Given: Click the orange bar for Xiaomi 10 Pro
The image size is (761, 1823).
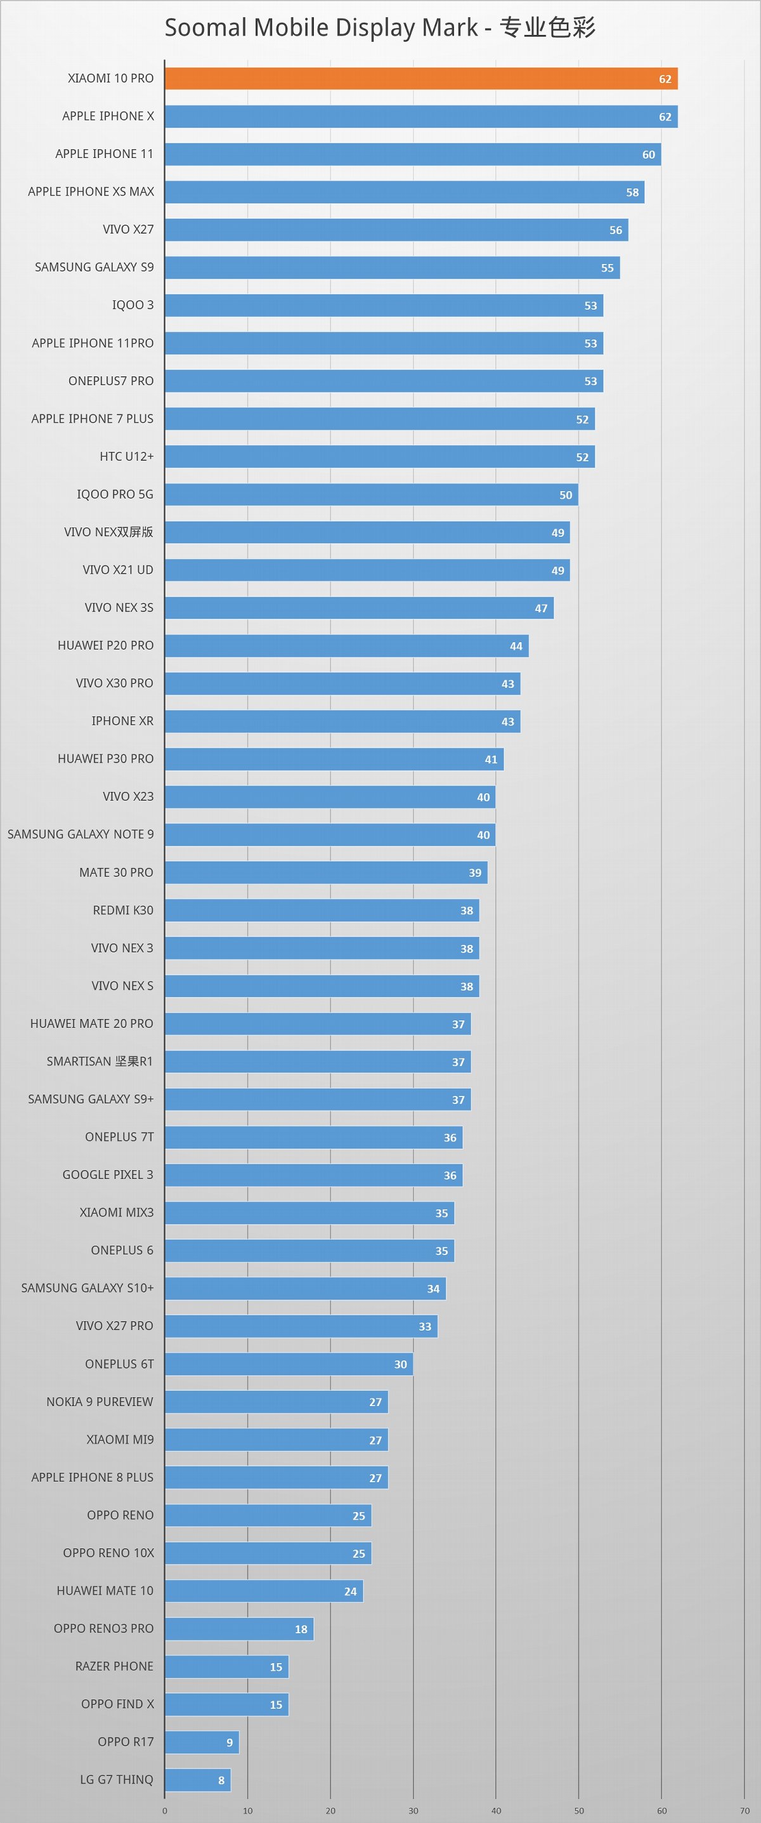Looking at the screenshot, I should coord(421,79).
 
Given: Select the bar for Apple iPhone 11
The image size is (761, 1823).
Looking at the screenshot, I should coord(412,154).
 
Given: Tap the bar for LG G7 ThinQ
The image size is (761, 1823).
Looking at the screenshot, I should coord(197,1779).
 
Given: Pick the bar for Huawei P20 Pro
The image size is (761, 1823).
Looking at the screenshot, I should coord(346,645).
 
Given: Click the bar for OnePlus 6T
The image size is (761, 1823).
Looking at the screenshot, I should coord(289,1364).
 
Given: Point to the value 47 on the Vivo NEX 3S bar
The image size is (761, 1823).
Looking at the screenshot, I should coord(541,608).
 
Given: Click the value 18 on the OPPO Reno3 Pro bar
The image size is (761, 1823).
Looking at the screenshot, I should coord(301,1628).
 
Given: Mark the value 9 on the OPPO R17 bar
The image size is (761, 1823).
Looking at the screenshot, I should coord(229,1742).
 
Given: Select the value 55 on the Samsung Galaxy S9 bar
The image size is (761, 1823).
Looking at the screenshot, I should coord(608,268).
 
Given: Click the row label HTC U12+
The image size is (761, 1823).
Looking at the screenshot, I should coord(127,456).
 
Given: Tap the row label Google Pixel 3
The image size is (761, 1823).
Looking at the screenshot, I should coord(108,1175).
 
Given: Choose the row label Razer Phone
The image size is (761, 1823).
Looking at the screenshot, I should coord(114,1666).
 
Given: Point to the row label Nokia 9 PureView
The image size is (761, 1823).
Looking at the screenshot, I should coord(100,1401).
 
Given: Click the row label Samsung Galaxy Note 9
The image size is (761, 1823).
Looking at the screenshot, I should coord(81,834).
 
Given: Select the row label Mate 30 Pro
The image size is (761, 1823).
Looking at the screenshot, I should coord(116,872).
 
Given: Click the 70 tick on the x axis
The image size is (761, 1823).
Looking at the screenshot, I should coord(744,1810).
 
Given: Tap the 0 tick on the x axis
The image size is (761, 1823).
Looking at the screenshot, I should coord(165,1810).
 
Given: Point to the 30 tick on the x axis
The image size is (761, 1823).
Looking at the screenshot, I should coord(413,1810).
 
